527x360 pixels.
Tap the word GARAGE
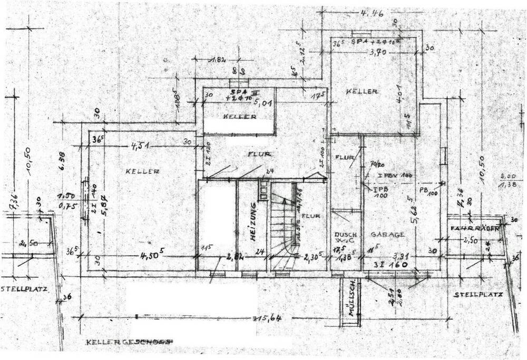pos(387,235)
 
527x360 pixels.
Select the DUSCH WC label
pos(345,239)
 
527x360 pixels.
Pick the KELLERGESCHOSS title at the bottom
pos(130,342)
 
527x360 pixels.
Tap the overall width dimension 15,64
pos(266,318)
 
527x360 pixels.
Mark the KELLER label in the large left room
pos(143,171)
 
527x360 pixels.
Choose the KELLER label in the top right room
pos(362,92)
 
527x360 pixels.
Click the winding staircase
pos(285,232)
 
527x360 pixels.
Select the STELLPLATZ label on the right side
pos(478,295)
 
